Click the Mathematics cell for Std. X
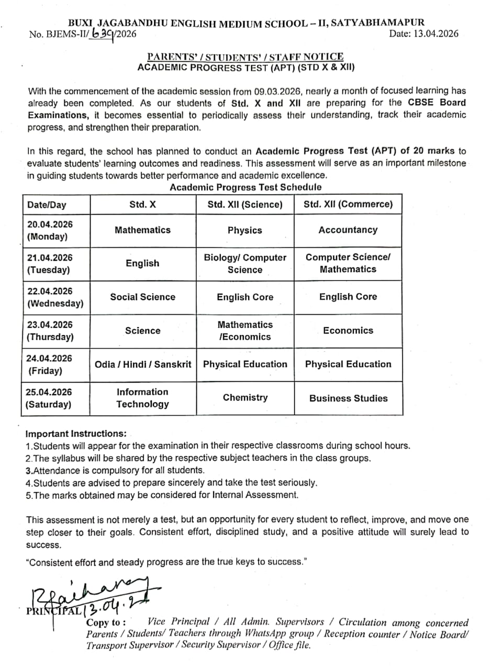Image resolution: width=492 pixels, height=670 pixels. point(142,230)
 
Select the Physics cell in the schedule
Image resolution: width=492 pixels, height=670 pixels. point(244,230)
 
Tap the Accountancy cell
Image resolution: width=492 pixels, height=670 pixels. point(348,230)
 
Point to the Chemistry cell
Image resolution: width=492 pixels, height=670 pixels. point(245,398)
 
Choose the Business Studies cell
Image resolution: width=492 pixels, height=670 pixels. point(348,398)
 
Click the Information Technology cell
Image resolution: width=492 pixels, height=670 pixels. point(142,398)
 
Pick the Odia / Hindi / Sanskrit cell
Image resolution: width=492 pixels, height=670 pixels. point(143,364)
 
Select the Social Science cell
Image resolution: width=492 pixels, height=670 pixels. point(142,297)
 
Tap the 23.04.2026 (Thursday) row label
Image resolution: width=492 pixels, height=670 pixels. point(50,331)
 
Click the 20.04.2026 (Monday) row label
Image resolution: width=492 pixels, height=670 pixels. point(50,230)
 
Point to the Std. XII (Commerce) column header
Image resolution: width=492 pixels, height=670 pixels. point(348,204)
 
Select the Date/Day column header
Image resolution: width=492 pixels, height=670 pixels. point(47,205)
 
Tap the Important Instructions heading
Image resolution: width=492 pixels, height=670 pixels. point(76,434)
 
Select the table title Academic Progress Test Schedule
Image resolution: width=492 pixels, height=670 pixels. point(245,187)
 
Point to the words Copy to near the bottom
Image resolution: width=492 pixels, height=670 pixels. point(105,623)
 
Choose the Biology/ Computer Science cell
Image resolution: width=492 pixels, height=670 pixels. point(245,264)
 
